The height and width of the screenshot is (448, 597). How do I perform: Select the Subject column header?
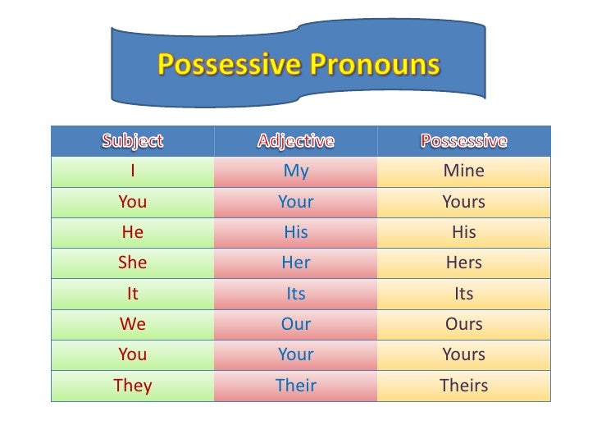(132, 141)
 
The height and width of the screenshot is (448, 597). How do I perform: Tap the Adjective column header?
(296, 141)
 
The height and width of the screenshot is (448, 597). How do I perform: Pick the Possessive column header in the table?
(464, 141)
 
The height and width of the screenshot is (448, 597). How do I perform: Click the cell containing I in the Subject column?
(132, 171)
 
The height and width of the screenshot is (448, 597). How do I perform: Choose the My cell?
(296, 171)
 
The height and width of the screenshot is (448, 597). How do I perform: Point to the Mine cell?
(464, 171)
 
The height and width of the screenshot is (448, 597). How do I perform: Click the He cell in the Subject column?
(132, 232)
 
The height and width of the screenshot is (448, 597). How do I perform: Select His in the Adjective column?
(296, 232)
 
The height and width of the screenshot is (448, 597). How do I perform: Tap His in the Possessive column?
(464, 232)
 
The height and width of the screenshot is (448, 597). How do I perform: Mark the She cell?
(132, 263)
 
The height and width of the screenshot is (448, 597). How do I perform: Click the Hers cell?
(464, 263)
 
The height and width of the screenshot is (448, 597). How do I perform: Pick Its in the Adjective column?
(296, 294)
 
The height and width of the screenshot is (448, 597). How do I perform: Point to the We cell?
(132, 324)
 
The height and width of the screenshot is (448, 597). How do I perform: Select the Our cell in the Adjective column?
(296, 324)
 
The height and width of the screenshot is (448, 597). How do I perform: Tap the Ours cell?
(464, 324)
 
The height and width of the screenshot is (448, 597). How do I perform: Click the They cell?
(132, 386)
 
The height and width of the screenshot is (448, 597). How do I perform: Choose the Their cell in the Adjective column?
(296, 386)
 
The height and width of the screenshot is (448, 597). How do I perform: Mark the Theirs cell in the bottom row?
(464, 386)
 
